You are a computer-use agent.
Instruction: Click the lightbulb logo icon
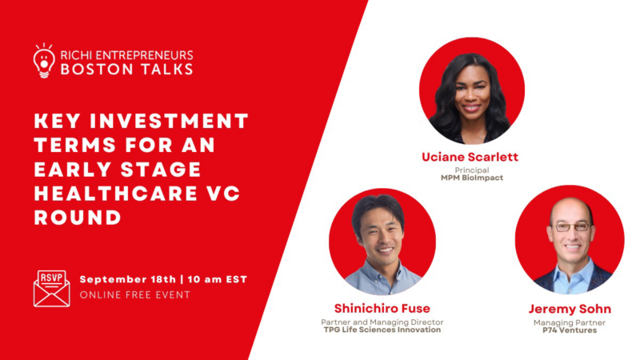(44, 61)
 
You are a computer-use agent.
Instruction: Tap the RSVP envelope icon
(51, 288)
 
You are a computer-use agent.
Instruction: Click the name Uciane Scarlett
(471, 158)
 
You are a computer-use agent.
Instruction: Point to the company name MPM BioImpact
(471, 178)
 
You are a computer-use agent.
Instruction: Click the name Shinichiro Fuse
(382, 308)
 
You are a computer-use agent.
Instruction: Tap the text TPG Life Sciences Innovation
(382, 330)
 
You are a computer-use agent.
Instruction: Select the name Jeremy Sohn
(569, 308)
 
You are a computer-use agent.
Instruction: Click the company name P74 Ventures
(569, 330)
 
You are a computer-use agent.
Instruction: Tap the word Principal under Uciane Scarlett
(471, 170)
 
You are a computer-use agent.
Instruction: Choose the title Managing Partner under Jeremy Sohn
(569, 322)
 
